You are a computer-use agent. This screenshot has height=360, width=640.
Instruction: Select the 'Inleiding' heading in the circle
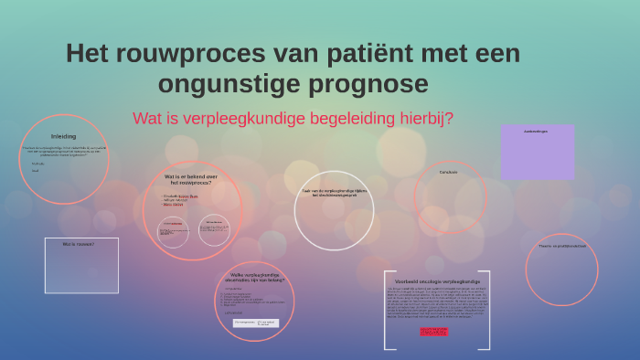(63, 135)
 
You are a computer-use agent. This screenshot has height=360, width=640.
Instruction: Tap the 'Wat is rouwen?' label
(79, 244)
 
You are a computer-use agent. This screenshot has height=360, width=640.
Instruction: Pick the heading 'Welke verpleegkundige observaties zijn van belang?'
(254, 278)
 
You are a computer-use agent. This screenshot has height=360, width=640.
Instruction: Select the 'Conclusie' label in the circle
(448, 172)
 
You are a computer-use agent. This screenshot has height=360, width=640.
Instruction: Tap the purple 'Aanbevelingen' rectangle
(537, 152)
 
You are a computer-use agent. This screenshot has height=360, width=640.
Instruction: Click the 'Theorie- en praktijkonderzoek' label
(560, 247)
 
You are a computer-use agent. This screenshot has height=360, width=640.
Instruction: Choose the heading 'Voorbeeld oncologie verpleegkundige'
(437, 281)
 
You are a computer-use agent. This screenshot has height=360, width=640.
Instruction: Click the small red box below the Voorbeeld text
(434, 331)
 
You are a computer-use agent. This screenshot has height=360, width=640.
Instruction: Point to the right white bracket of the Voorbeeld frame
(488, 311)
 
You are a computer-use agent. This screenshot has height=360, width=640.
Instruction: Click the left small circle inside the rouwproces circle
(173, 230)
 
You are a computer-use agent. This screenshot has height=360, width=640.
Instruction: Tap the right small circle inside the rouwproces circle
(214, 229)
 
